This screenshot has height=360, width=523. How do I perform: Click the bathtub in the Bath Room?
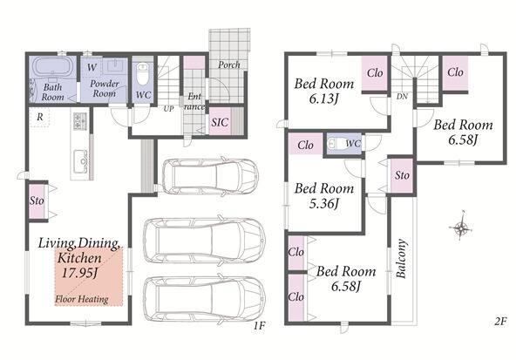(x=52, y=67)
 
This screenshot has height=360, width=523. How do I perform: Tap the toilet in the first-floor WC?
(x=143, y=74)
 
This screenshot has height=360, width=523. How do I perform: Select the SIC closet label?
(x=220, y=122)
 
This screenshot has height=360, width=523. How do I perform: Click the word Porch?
(x=228, y=65)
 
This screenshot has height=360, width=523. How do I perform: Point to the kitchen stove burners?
(x=80, y=121)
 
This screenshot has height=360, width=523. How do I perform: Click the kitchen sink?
(x=80, y=161)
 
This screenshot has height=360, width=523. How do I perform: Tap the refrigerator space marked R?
(x=40, y=117)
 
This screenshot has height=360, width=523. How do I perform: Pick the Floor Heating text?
(x=82, y=299)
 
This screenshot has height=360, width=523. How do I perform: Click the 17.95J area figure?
(x=79, y=273)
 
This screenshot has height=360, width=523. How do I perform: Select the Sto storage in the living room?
(x=37, y=200)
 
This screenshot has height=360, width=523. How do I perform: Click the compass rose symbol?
(x=460, y=228)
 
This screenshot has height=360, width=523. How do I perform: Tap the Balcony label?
(x=401, y=259)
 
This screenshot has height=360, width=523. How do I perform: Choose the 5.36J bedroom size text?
(x=323, y=203)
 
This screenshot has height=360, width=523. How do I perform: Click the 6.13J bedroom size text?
(x=323, y=98)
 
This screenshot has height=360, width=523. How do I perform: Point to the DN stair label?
(x=402, y=97)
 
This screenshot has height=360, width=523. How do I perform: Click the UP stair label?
(x=168, y=109)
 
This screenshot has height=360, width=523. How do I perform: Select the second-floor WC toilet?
(x=334, y=144)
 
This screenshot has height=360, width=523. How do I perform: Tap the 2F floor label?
(x=500, y=322)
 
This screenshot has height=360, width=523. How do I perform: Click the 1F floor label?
(x=259, y=325)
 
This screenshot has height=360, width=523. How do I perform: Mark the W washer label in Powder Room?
(x=92, y=67)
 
